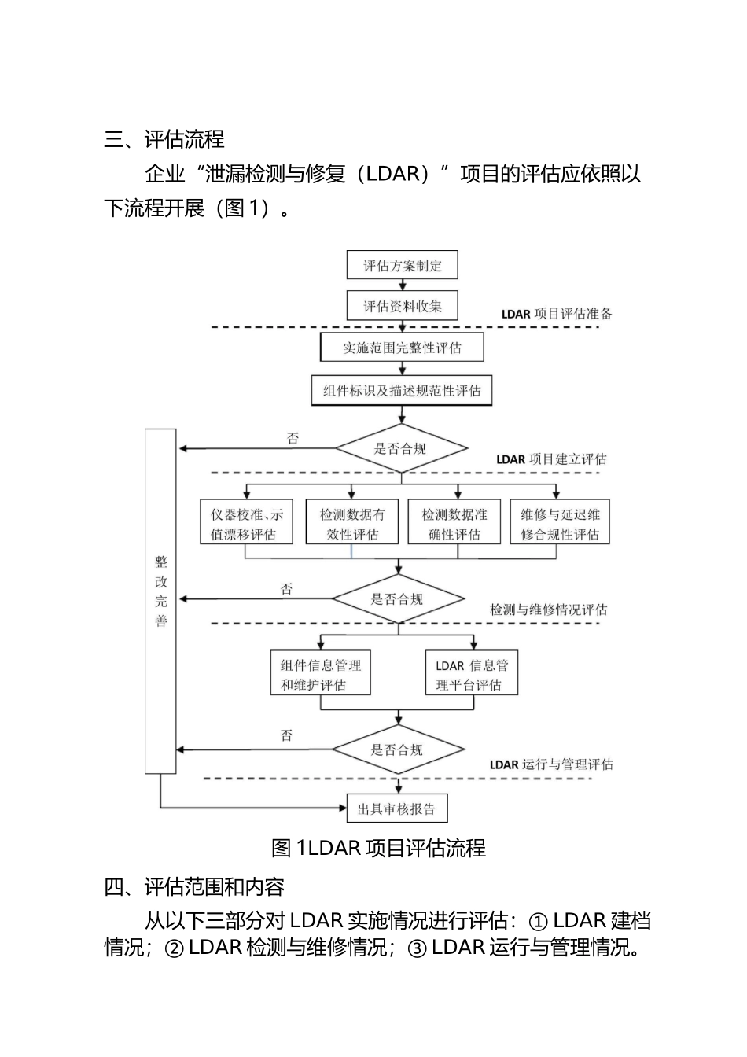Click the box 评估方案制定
[402, 265]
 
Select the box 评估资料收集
[402, 306]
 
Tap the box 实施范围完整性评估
[402, 348]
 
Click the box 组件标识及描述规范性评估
[402, 390]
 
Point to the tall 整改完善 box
[160, 601]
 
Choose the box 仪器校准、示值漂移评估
[245, 524]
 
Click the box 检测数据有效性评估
[352, 524]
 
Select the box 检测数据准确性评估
[454, 524]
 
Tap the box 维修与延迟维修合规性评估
[559, 524]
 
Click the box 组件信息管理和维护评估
[320, 674]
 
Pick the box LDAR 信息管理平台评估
[472, 674]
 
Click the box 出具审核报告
[396, 808]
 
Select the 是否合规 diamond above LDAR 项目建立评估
[401, 449]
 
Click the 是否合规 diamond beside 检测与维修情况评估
[398, 599]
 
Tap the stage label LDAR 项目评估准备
[557, 313]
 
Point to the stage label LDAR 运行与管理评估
[550, 764]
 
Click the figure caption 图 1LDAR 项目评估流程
[378, 848]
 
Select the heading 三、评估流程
[164, 139]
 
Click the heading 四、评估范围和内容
[194, 887]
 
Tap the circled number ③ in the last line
[417, 948]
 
